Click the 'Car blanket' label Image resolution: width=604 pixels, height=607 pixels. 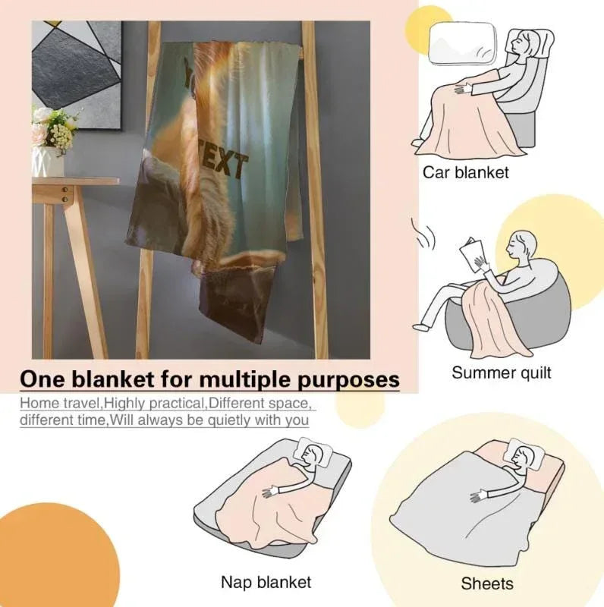point(465,172)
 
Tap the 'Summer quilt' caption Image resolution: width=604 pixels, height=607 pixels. point(501,373)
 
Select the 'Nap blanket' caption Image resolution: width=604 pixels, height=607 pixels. point(266,582)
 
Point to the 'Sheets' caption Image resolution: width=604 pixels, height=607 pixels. point(487,583)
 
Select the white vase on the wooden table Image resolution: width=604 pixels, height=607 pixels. point(48,162)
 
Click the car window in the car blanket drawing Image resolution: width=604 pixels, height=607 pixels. point(463,43)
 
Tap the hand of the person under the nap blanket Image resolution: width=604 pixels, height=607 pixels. point(271,492)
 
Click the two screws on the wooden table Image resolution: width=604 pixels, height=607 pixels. point(65,194)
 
